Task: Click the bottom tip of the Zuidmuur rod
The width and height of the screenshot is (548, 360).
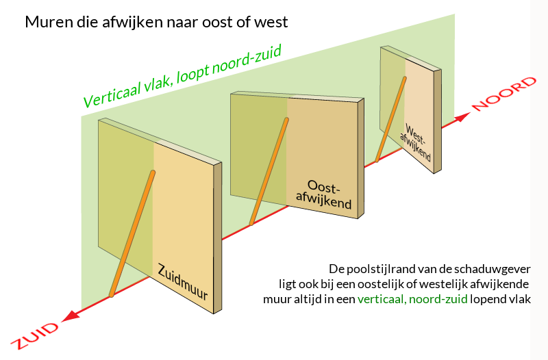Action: (x=111, y=295)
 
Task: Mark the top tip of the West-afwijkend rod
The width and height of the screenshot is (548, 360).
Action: (x=405, y=77)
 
